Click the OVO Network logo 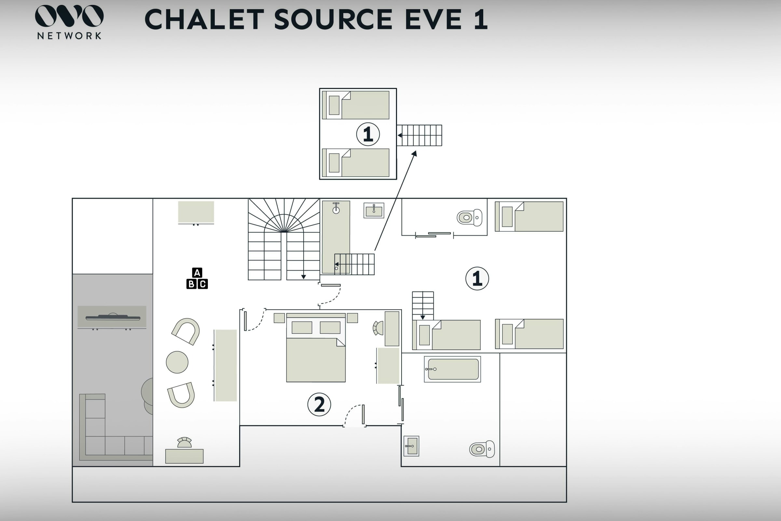[x=69, y=22]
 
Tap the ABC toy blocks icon [x=197, y=278]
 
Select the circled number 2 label [x=319, y=404]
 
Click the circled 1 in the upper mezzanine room [x=368, y=134]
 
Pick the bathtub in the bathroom [x=453, y=369]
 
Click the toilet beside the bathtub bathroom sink [x=482, y=449]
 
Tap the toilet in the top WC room [x=470, y=218]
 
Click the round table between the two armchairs [x=177, y=362]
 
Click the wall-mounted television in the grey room [x=113, y=317]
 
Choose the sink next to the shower [x=374, y=211]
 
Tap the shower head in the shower [x=336, y=208]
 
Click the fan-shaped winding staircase [x=284, y=239]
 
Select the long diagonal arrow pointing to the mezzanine [x=395, y=200]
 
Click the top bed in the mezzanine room [x=356, y=105]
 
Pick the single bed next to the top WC [x=529, y=216]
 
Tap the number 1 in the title [x=481, y=19]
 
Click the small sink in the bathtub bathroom [x=411, y=446]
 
